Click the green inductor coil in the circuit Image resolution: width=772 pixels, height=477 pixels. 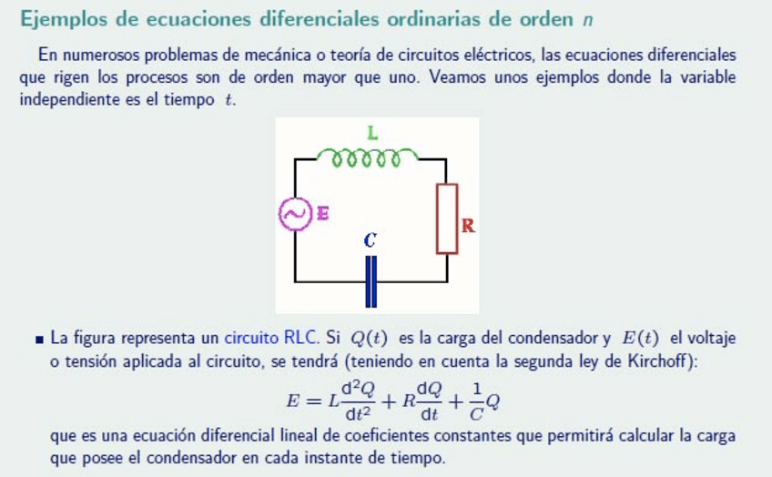368,160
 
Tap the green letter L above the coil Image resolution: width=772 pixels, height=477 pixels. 372,133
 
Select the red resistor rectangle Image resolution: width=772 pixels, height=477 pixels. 446,218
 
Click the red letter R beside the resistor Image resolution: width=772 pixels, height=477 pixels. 468,226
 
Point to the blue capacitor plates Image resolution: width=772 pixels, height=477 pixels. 371,282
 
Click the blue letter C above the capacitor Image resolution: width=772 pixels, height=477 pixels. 370,241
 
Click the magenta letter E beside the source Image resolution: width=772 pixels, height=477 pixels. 321,214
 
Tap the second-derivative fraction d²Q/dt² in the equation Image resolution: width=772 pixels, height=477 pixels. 356,400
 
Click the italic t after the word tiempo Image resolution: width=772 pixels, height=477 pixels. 228,99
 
